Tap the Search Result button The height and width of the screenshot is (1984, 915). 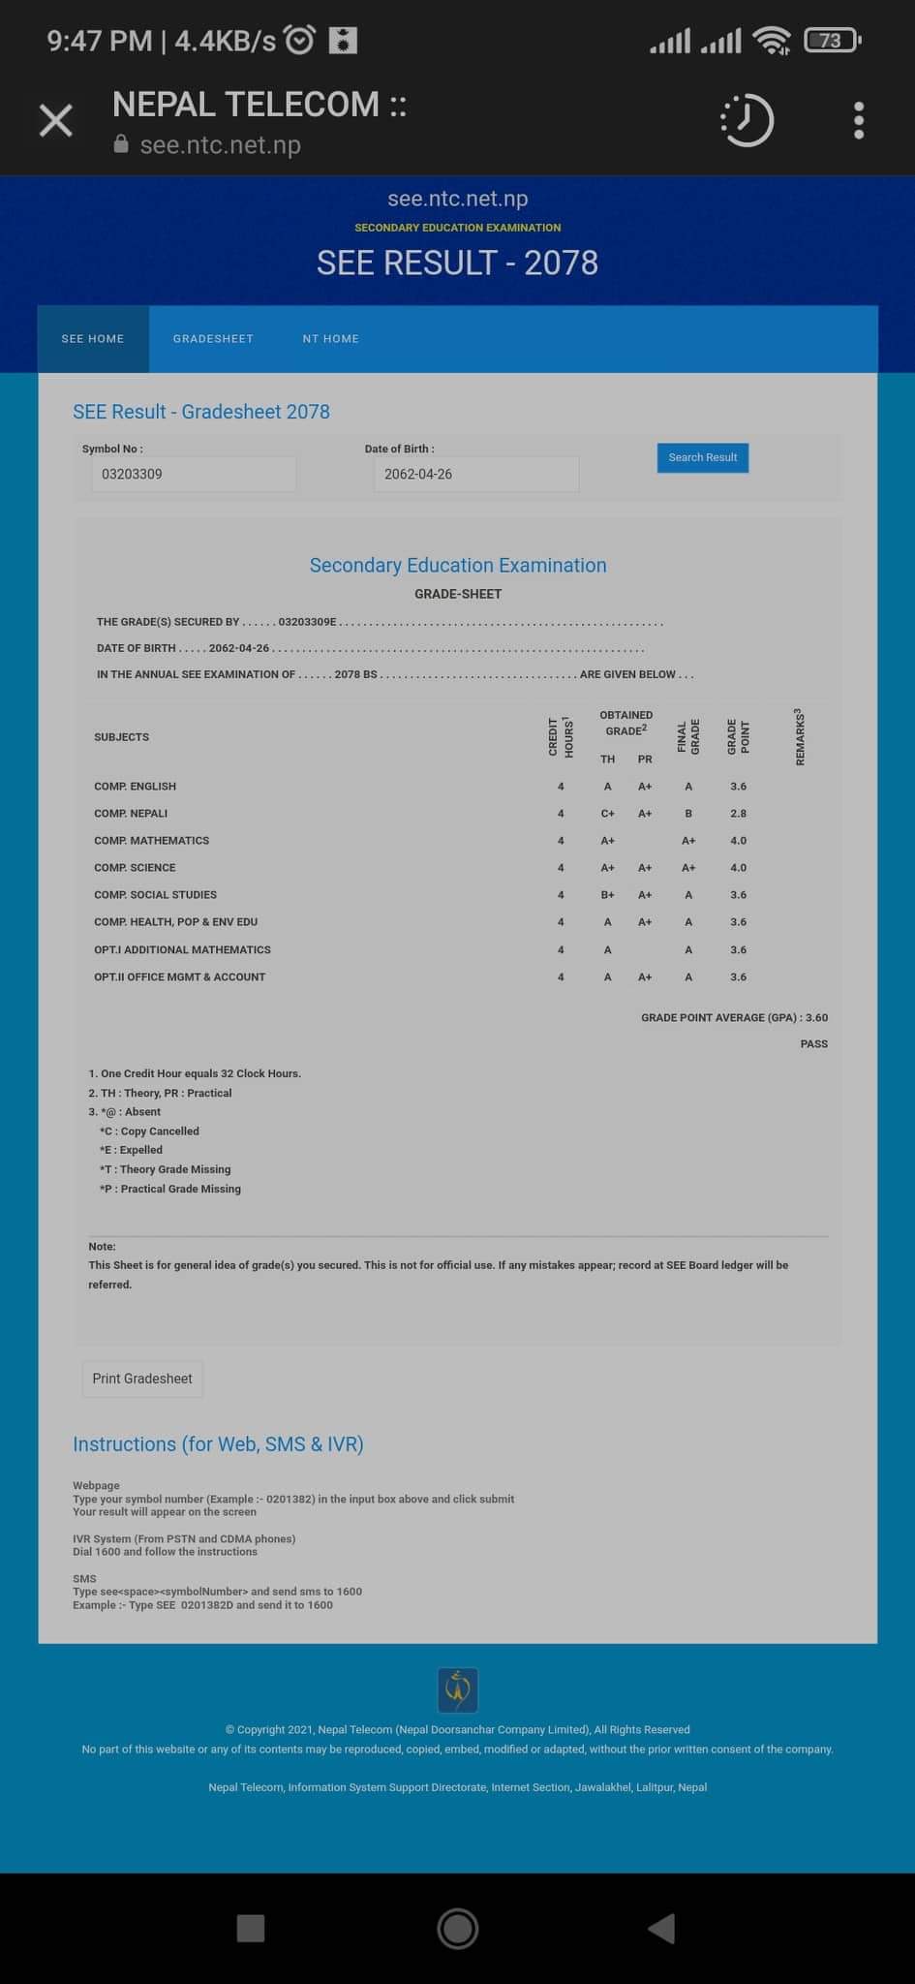click(x=702, y=457)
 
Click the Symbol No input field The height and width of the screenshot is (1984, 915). click(x=194, y=474)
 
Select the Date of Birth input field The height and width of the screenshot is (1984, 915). click(x=475, y=474)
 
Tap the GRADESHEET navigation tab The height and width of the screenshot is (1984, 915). click(x=213, y=339)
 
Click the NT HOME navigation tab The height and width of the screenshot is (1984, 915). click(x=330, y=339)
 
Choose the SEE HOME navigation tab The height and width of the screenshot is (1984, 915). click(x=93, y=339)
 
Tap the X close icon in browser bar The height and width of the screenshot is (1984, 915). click(x=56, y=121)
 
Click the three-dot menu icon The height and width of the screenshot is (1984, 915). click(x=858, y=121)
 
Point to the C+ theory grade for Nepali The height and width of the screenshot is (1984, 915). click(x=607, y=814)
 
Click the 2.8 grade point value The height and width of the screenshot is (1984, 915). click(x=738, y=814)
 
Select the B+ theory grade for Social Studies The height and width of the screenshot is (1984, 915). click(x=607, y=895)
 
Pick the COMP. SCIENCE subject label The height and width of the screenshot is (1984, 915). click(x=135, y=868)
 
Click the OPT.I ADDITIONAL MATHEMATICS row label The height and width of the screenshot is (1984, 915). click(x=182, y=949)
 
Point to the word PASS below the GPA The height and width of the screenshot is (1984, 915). click(x=813, y=1043)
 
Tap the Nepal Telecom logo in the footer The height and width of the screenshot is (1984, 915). click(x=457, y=1689)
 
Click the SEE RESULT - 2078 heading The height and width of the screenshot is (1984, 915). click(x=457, y=263)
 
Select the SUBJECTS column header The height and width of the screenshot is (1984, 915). click(x=121, y=737)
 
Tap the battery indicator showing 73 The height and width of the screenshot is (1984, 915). click(x=832, y=40)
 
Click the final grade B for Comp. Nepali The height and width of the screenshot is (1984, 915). click(x=688, y=814)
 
